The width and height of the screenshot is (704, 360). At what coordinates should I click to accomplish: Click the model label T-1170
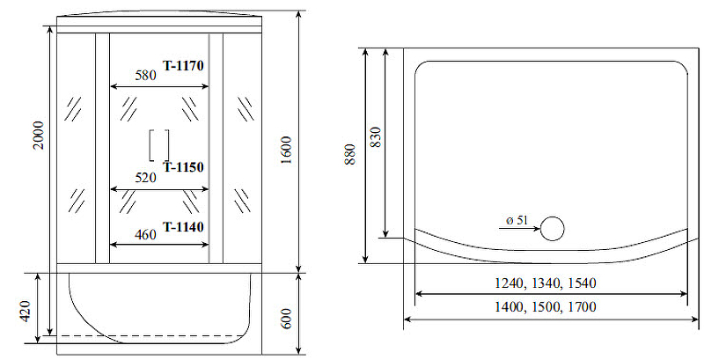183,66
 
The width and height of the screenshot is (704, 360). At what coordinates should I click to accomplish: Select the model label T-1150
183,167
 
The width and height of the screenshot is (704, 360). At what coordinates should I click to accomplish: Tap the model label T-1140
183,227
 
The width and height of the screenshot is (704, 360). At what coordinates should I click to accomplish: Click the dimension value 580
145,75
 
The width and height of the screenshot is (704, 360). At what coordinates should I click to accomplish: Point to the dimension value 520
145,178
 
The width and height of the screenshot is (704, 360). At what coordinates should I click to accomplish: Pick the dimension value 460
145,234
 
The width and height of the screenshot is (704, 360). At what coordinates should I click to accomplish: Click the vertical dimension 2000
39,136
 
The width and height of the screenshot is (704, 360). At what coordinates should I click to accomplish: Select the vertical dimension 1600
287,150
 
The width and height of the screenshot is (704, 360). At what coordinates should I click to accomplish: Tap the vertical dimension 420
26,312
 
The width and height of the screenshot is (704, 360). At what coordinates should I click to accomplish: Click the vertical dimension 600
287,319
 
